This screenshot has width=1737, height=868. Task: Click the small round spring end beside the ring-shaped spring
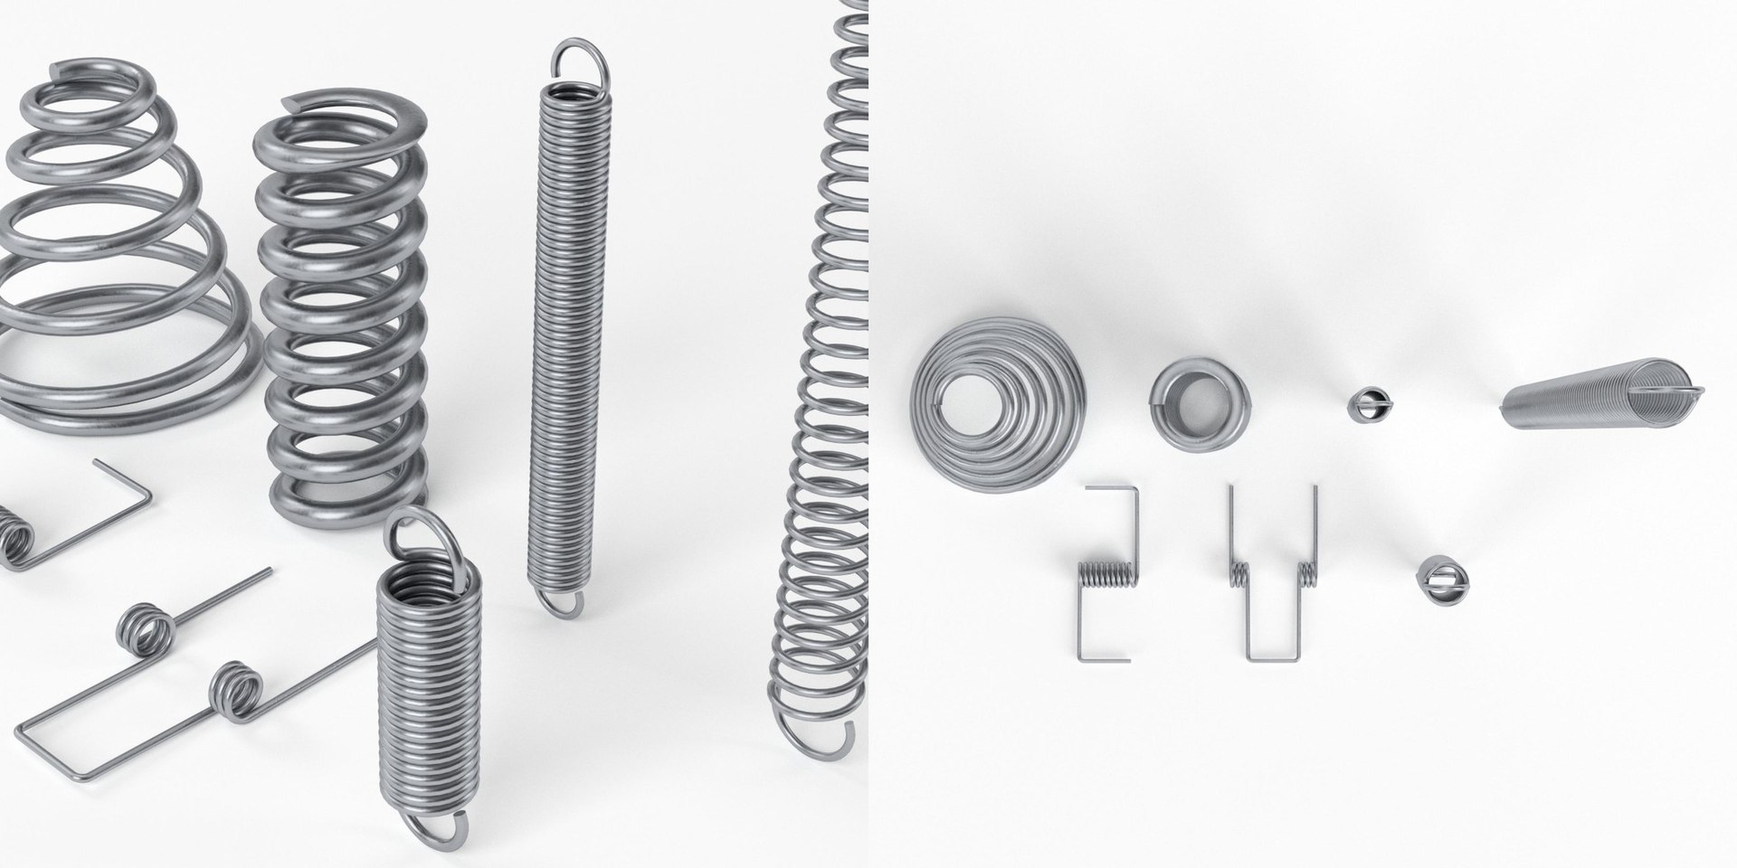(x=1367, y=404)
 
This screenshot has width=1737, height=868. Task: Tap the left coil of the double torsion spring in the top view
(x=1239, y=574)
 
